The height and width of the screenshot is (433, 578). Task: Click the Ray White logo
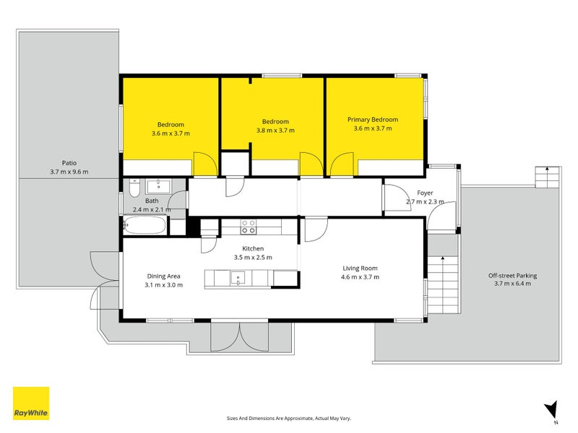pyautogui.click(x=31, y=403)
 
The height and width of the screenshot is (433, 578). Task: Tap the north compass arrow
pyautogui.click(x=551, y=410)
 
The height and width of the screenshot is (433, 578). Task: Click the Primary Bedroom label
pyautogui.click(x=373, y=120)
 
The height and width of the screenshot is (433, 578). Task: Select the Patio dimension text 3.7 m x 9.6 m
pyautogui.click(x=69, y=172)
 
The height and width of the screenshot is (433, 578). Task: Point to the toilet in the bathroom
pyautogui.click(x=134, y=188)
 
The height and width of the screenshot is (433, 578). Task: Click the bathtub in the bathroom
pyautogui.click(x=144, y=225)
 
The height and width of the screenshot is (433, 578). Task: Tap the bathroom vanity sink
pyautogui.click(x=158, y=186)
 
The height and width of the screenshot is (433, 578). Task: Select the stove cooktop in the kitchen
pyautogui.click(x=248, y=227)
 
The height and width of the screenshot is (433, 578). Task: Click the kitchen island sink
pyautogui.click(x=238, y=279)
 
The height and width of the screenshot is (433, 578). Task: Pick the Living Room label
pyautogui.click(x=360, y=268)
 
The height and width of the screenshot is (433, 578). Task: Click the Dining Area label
pyautogui.click(x=164, y=276)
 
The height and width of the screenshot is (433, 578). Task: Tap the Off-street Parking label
pyautogui.click(x=512, y=276)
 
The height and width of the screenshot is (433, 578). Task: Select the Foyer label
pyautogui.click(x=425, y=193)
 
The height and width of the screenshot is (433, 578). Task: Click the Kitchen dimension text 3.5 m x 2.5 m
pyautogui.click(x=253, y=258)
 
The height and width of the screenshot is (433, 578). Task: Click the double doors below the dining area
pyautogui.click(x=240, y=337)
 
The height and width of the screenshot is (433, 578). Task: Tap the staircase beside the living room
pyautogui.click(x=443, y=284)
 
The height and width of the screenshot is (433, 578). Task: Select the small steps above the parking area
pyautogui.click(x=548, y=178)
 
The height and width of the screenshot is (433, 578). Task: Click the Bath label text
pyautogui.click(x=152, y=201)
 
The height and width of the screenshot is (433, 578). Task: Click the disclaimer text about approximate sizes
pyautogui.click(x=288, y=419)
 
